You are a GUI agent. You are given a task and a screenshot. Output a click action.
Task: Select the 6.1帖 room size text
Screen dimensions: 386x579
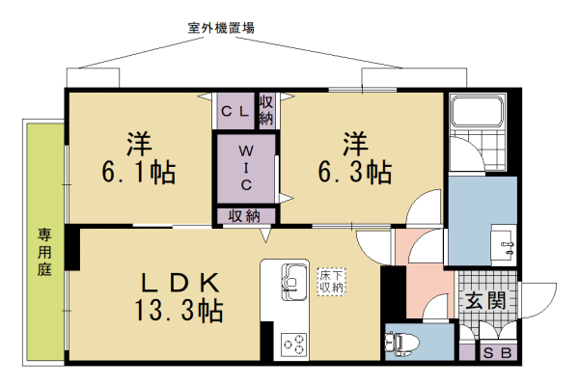point(139,174)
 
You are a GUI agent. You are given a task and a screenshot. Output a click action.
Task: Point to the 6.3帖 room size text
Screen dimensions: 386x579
point(354,174)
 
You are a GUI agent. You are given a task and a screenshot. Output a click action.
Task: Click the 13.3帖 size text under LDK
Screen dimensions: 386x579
point(181,311)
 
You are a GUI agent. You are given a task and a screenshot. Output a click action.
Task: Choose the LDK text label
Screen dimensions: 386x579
point(183,283)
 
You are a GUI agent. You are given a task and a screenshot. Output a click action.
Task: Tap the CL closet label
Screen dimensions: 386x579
point(235,112)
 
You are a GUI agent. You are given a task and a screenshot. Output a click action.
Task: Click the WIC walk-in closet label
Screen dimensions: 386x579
point(247,167)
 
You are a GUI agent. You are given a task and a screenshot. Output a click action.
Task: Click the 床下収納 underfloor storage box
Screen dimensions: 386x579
point(332,282)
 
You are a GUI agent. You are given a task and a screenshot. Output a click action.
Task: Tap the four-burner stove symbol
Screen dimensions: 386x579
point(293,344)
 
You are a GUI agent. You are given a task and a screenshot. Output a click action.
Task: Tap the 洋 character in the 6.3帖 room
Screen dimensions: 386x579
point(353,143)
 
